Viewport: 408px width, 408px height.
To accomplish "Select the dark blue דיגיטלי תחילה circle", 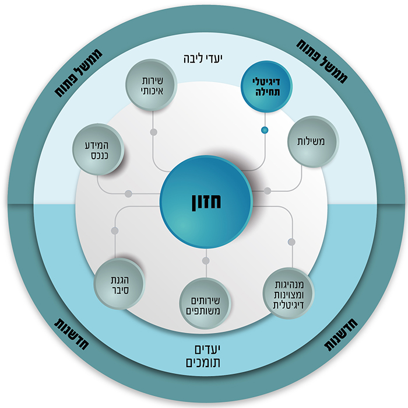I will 266,87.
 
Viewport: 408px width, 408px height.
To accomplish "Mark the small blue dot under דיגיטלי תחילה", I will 265,130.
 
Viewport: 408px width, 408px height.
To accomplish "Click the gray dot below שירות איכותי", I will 153,132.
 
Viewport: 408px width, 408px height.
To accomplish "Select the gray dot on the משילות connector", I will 268,191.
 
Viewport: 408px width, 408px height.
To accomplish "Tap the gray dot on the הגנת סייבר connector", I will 115,231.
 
